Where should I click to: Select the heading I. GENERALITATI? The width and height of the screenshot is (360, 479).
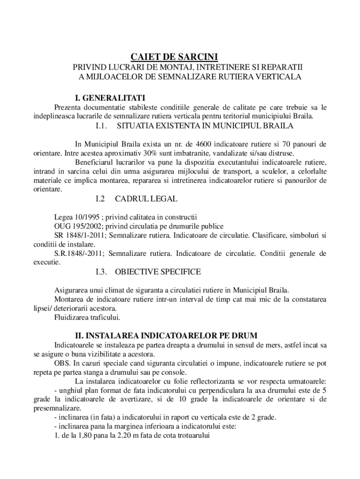tap(110, 98)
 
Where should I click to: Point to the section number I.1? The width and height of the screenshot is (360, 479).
tap(101, 126)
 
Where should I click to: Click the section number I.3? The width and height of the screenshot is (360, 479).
tap(101, 272)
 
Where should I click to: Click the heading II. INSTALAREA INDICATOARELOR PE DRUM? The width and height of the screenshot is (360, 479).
tap(166, 336)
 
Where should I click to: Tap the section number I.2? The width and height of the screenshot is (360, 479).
tap(100, 199)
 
